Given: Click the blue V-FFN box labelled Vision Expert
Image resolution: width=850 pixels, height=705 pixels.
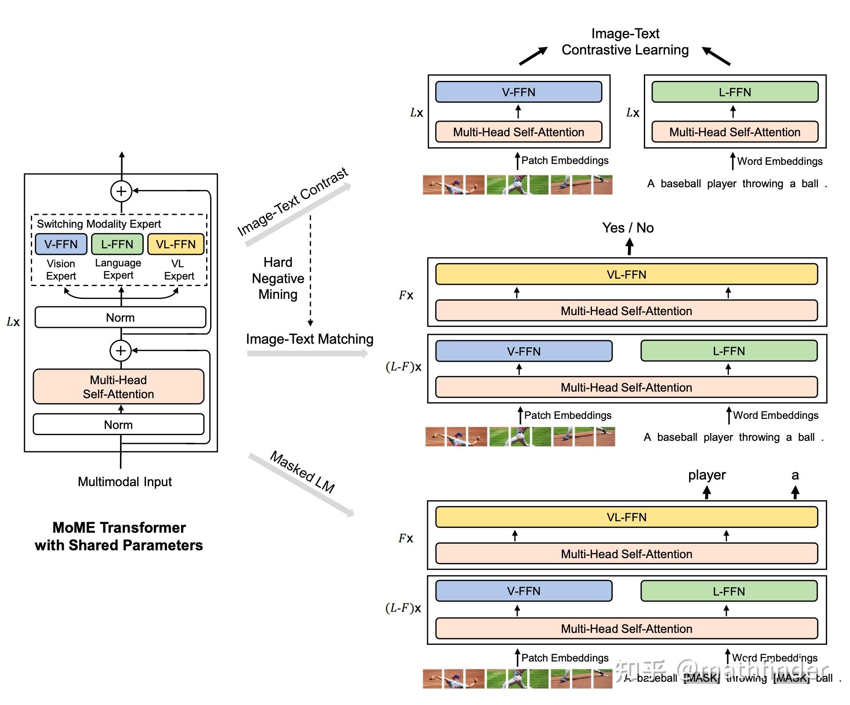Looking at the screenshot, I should tap(61, 244).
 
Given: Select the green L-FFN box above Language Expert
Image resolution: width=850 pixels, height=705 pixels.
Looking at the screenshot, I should tap(117, 244).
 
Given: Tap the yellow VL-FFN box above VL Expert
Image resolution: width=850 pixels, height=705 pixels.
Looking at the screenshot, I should tap(176, 244).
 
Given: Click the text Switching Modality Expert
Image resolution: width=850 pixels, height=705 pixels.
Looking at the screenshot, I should tap(99, 224).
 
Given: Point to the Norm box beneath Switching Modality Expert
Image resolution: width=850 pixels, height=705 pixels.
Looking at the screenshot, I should tap(120, 317).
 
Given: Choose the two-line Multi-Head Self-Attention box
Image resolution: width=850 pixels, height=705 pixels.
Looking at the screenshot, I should tap(118, 387).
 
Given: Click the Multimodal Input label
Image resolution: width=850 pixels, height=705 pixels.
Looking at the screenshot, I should tap(125, 482).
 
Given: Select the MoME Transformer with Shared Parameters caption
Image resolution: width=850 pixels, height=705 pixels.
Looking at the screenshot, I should tap(119, 536).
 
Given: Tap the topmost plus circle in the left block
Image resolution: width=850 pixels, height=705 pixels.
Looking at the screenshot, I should tap(121, 191).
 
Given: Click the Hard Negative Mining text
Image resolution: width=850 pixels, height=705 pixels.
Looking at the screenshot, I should tap(278, 278).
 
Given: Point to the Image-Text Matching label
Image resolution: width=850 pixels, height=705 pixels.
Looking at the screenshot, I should tap(309, 339).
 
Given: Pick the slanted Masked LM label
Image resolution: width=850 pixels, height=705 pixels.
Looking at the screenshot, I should tap(302, 472).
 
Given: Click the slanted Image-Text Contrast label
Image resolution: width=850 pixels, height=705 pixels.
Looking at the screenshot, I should tap(293, 202).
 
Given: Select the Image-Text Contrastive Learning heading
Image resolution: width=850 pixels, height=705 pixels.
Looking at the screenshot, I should tap(625, 42).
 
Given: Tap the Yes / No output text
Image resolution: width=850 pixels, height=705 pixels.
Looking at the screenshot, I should tap(628, 228).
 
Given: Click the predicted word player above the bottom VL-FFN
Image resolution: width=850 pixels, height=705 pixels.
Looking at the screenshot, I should tap(707, 475).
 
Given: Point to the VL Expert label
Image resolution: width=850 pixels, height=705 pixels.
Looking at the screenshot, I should tap(178, 269).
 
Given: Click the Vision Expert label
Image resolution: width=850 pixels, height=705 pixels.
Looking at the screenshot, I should tap(61, 269).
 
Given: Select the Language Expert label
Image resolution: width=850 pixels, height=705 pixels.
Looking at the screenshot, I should tap(118, 269).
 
